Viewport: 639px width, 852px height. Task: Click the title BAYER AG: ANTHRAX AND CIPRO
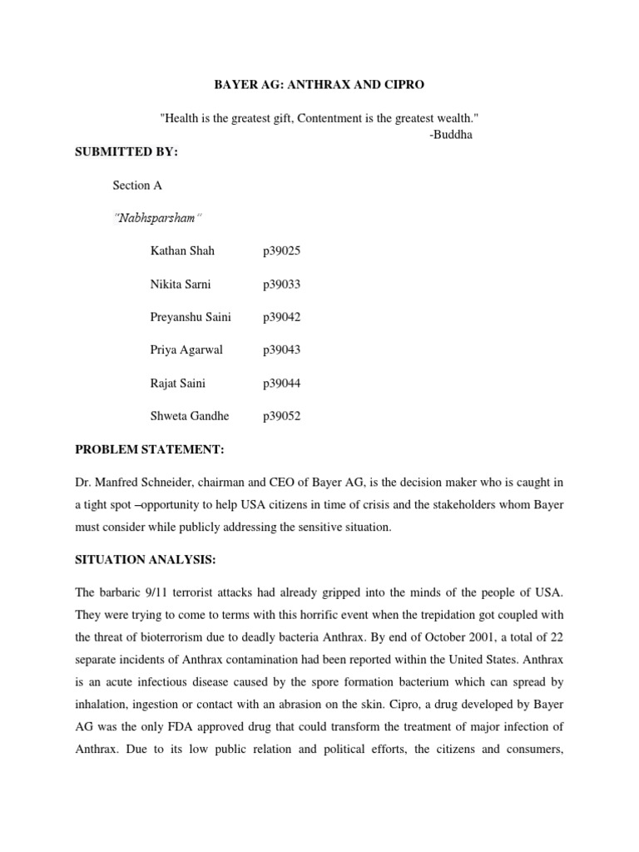pos(319,86)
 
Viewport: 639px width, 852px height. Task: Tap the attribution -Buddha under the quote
pos(451,135)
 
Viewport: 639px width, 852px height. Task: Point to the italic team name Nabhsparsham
pos(158,218)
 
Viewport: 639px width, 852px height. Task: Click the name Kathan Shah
pos(182,250)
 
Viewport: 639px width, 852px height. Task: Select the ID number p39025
pos(281,250)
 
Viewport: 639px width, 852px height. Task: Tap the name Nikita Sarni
pos(181,284)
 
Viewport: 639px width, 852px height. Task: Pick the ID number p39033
pos(281,284)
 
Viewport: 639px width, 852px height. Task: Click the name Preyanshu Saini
pos(191,317)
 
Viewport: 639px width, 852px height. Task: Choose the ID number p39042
pos(281,317)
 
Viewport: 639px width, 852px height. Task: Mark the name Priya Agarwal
pos(186,350)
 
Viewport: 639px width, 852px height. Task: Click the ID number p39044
pos(281,384)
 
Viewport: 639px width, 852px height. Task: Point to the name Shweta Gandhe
pos(189,416)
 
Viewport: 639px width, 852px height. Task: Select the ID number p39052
pos(281,416)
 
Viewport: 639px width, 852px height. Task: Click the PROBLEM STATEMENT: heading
pos(150,449)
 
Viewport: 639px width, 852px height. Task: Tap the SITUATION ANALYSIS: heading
pos(146,560)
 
